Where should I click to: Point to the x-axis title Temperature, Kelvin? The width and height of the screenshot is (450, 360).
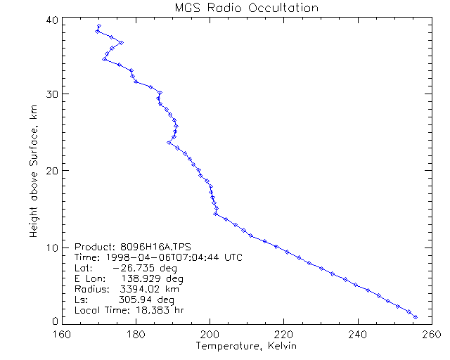click(x=246, y=347)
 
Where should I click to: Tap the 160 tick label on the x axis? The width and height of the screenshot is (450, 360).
click(x=62, y=334)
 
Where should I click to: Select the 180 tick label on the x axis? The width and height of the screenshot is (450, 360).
click(x=136, y=334)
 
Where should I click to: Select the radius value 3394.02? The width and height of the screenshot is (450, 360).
click(x=140, y=289)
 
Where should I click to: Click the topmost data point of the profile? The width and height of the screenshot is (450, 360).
click(x=98, y=26)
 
